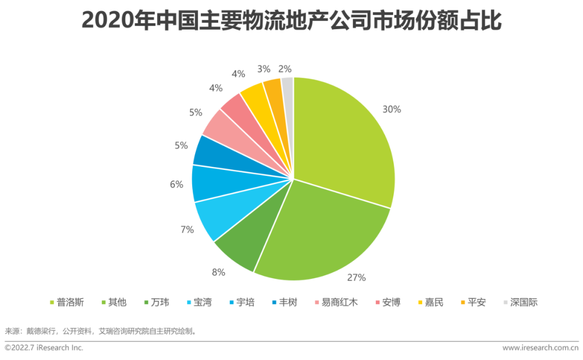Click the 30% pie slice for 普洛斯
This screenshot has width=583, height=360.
click(345, 140)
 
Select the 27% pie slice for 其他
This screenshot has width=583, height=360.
click(324, 232)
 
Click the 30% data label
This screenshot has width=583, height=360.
click(392, 109)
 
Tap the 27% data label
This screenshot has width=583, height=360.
click(357, 277)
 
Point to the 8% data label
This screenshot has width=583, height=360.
click(218, 272)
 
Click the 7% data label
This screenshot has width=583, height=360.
click(187, 229)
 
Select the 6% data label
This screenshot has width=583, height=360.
click(177, 185)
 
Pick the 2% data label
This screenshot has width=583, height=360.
click(286, 69)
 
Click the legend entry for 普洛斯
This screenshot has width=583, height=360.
click(66, 302)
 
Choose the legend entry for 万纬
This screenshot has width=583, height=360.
click(156, 302)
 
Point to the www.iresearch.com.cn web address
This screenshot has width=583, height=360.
click(539, 348)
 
